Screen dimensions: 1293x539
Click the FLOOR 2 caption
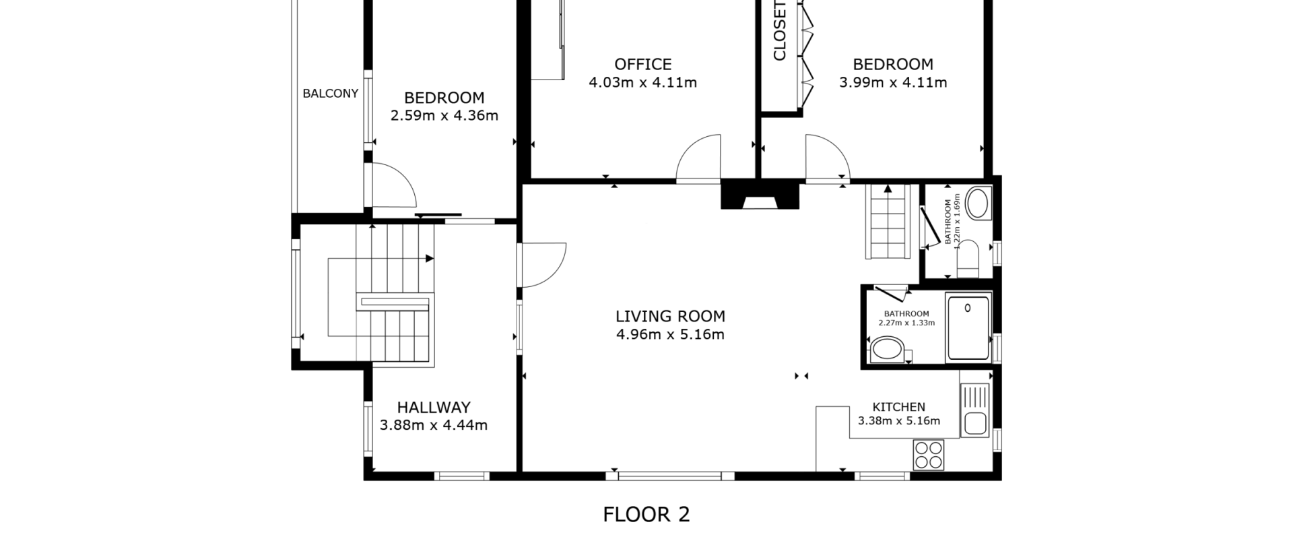[x=646, y=515]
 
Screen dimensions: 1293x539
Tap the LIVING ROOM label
[x=670, y=316]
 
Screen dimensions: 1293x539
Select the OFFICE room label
[x=643, y=64]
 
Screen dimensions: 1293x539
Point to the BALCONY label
[x=330, y=94]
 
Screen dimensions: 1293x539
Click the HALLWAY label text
[x=434, y=407]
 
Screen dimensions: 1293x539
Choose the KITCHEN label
[x=899, y=407]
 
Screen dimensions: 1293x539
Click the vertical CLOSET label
[x=780, y=30]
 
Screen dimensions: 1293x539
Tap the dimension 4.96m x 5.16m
[x=670, y=334]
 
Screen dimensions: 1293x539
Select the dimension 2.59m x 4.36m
[x=444, y=115]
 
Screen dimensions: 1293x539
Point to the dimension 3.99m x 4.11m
[x=893, y=82]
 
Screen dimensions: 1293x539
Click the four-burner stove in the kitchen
[x=929, y=455]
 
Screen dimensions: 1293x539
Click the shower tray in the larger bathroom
[x=968, y=327]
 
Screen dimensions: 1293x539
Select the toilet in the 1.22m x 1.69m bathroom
[x=968, y=259]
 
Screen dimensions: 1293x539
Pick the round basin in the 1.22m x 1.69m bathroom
[x=978, y=203]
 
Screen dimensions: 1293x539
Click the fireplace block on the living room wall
[x=760, y=195]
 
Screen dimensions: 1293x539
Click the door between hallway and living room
[x=542, y=265]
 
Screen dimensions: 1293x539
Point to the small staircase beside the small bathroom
[x=888, y=222]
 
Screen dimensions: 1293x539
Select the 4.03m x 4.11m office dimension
[x=643, y=82]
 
